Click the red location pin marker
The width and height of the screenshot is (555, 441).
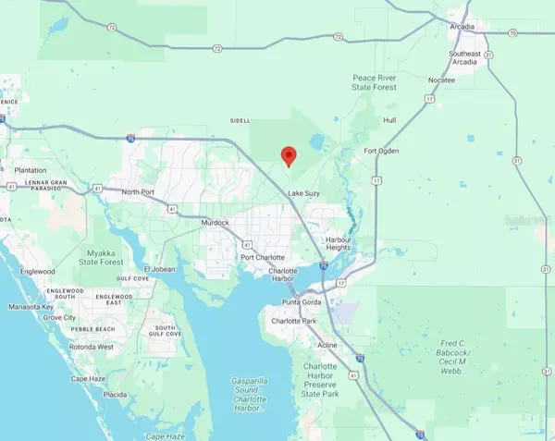[x=289, y=155]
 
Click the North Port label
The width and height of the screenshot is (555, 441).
[x=142, y=191]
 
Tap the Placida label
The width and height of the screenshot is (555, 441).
[x=116, y=394]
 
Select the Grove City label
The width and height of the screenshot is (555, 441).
[x=57, y=317]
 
